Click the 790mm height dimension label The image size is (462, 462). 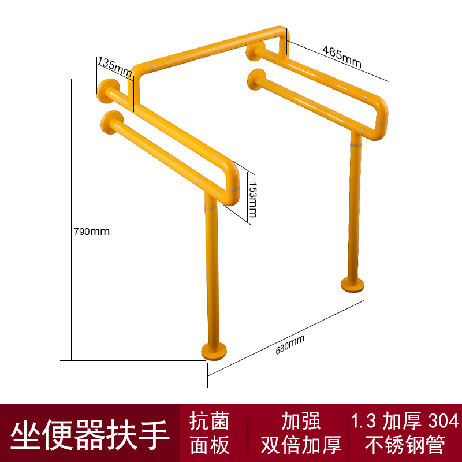coord(92,232)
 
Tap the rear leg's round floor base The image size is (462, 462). coord(352,285)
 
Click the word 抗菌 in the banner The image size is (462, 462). coord(210,420)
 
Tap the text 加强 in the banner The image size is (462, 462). coord(301,420)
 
